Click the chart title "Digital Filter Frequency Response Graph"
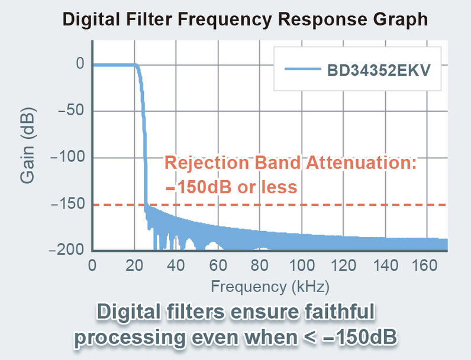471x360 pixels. click(245, 19)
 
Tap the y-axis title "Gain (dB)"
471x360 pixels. click(28, 145)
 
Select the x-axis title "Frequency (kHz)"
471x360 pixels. click(270, 287)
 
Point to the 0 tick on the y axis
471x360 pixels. click(80, 64)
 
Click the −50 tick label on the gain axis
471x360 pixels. click(70, 111)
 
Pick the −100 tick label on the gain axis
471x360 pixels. click(67, 157)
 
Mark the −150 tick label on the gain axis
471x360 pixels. click(67, 204)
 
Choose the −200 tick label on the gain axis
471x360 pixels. click(67, 249)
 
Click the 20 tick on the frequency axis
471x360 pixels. click(134, 265)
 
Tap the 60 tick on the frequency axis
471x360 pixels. click(218, 265)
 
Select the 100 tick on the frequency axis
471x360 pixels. click(302, 265)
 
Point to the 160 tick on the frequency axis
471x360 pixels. click(424, 265)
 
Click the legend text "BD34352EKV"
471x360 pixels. click(379, 70)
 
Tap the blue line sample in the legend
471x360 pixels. click(303, 69)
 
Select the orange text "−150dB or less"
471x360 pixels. click(231, 187)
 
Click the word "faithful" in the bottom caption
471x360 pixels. click(339, 312)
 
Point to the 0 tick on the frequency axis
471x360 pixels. click(92, 265)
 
